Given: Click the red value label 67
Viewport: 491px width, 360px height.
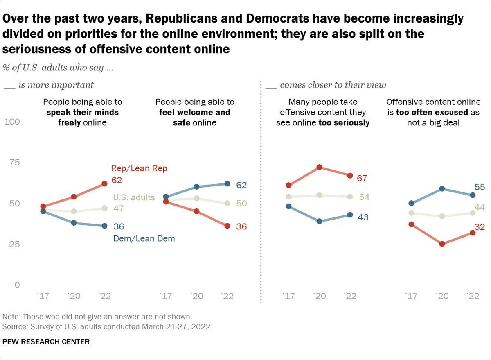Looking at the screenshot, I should (x=362, y=178).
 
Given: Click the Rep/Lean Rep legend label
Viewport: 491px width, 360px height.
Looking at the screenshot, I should (x=139, y=168).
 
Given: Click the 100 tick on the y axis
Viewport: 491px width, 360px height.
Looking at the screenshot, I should (x=11, y=122).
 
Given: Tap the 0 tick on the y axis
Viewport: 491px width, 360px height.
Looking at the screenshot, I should (x=17, y=285).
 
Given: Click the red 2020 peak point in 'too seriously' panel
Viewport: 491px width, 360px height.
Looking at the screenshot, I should (x=319, y=167).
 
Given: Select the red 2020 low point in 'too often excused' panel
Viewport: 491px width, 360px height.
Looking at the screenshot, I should (x=442, y=244).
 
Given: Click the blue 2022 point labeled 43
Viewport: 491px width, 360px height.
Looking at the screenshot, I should (x=350, y=215).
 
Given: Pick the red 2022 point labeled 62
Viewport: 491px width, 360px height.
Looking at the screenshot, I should (x=104, y=183).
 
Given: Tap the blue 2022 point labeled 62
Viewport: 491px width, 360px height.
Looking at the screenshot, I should (x=227, y=183).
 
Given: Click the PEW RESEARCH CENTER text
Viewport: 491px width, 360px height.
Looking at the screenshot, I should (x=46, y=341).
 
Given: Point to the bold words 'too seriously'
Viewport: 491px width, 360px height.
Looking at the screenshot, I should (x=344, y=122).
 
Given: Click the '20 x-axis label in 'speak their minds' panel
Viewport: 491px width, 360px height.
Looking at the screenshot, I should (x=74, y=297).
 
